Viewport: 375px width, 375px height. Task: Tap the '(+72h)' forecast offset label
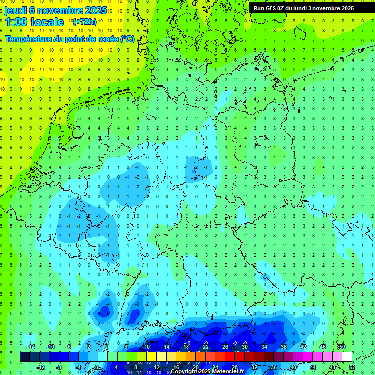click(84, 21)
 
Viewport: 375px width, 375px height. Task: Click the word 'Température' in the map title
click(30, 39)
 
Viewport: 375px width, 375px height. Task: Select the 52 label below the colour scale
click(352, 367)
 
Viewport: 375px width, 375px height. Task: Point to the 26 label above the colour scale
click(225, 347)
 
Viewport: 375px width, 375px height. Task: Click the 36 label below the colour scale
click(274, 367)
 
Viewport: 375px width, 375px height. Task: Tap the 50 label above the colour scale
click(342, 347)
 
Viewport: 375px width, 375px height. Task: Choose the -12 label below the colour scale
click(41, 367)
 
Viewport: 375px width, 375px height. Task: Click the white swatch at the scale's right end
click(347, 356)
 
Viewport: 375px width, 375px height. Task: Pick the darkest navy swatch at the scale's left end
click(24, 356)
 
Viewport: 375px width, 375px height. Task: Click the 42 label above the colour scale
click(303, 347)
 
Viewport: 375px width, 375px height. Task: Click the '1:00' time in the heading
click(16, 21)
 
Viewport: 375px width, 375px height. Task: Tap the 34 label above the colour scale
click(264, 347)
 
